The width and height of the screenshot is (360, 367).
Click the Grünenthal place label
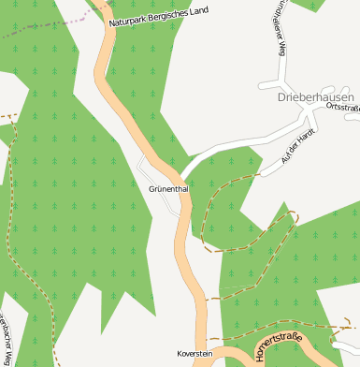click(168, 188)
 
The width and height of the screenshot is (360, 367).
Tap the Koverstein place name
click(194, 353)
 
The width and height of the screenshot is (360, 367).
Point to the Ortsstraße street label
click(344, 108)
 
